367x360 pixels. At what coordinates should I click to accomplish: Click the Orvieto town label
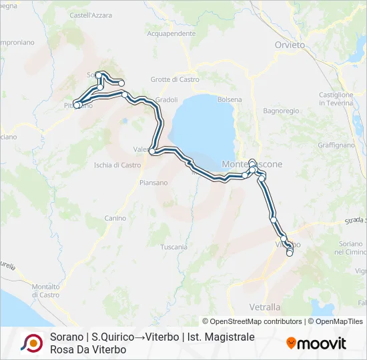pos(289,45)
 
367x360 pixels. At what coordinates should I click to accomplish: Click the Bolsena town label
pos(229,99)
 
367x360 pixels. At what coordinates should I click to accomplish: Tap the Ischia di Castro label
pos(118,165)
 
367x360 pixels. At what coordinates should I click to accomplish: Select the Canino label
pos(115,218)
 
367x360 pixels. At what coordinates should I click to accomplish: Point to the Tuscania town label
pos(173,247)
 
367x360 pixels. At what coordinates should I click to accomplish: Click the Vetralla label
pos(264,307)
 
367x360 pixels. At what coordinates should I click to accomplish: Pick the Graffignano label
pos(336,145)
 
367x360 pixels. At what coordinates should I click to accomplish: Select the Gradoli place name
pos(166,99)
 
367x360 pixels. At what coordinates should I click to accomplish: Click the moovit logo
pos(316,343)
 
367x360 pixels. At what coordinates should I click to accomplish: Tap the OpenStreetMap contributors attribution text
pos(252,321)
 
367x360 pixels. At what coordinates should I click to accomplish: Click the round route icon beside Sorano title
pos(31,343)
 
